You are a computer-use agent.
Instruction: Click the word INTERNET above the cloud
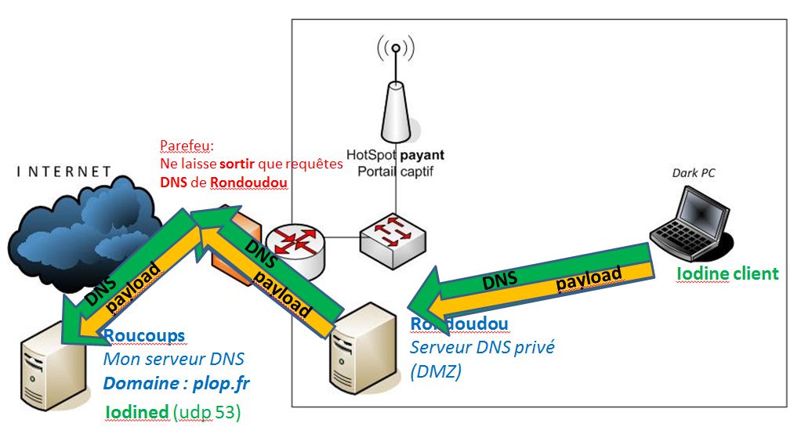tap(64, 171)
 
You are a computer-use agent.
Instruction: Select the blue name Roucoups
tap(144, 335)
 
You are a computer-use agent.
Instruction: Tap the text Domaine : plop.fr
tap(177, 384)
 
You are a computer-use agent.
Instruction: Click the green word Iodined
tap(137, 411)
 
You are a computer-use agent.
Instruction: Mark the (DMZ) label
tap(436, 372)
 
